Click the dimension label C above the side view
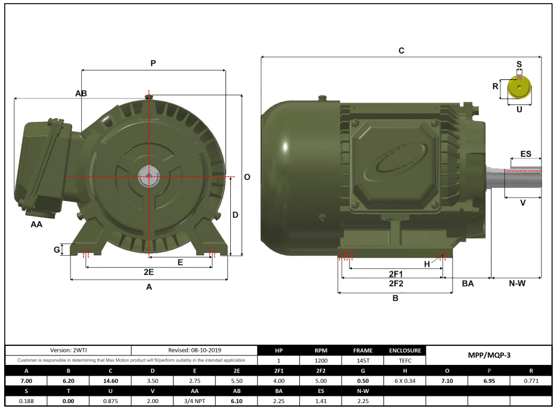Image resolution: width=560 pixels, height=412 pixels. [401, 51]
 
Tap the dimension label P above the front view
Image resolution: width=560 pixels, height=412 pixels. [153, 63]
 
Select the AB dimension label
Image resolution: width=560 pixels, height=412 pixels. [81, 94]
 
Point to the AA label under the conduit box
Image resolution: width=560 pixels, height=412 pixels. [36, 225]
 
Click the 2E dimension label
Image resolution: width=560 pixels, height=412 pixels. [149, 272]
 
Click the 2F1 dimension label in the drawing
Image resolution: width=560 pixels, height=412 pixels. [396, 274]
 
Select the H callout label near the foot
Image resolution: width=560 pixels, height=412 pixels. [427, 264]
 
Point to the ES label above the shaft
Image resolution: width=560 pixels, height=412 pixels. [525, 154]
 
